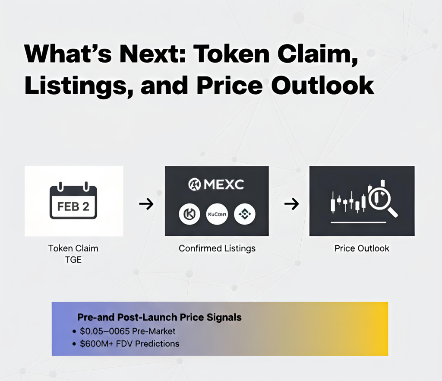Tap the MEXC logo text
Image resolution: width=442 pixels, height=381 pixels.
pos(224,185)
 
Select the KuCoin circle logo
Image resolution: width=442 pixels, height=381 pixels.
pos(217,214)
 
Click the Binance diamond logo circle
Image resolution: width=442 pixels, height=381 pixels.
pos(245,214)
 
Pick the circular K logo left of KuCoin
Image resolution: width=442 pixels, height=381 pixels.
pos(189,214)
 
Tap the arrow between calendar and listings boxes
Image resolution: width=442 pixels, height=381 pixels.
pos(146,203)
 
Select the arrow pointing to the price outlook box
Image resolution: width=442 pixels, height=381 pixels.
pos(291,203)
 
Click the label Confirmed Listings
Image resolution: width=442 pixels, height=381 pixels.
pos(217,248)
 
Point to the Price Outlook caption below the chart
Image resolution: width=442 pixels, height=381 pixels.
pos(362,248)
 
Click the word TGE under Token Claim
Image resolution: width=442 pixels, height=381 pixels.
pos(73,260)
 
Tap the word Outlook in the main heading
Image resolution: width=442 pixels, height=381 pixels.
pos(322,85)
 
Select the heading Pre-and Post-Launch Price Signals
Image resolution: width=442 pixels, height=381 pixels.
pos(160,317)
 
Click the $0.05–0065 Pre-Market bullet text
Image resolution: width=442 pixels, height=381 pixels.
pos(128,331)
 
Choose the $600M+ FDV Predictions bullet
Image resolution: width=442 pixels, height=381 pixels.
pos(129,344)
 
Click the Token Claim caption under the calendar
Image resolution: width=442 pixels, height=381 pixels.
pos(73,248)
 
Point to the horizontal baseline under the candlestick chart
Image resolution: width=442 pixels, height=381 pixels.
pos(358,222)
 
